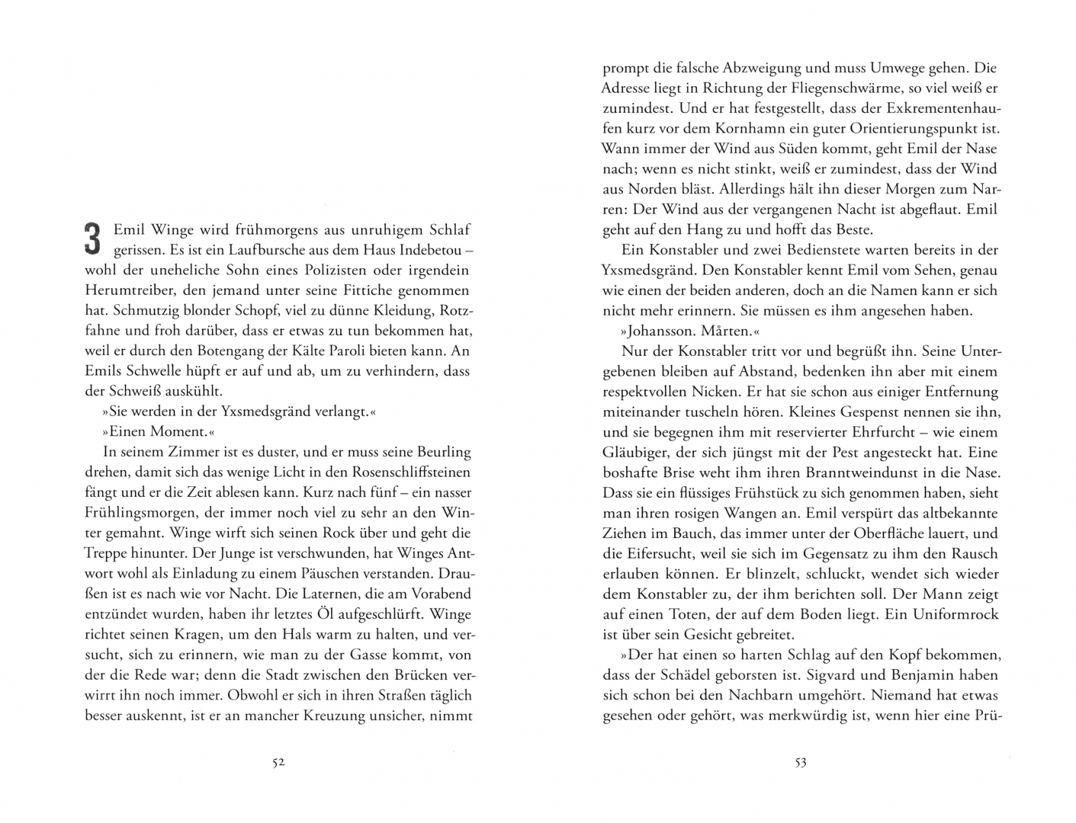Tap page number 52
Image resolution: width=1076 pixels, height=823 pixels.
tap(278, 763)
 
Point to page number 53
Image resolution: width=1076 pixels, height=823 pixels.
tap(800, 763)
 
